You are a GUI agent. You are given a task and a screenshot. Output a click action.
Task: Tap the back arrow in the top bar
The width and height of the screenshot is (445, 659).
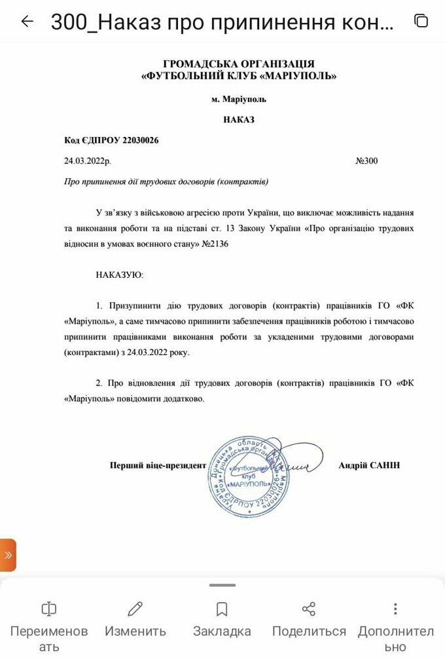(27, 22)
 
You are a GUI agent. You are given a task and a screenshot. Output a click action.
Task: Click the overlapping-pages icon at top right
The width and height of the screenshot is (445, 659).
(421, 21)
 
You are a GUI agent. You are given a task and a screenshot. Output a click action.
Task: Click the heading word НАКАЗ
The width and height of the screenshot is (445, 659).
(238, 120)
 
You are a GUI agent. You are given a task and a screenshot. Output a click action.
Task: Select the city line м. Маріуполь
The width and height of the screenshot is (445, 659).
(239, 99)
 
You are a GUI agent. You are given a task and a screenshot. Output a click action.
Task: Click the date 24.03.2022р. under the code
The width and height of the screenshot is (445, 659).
(87, 160)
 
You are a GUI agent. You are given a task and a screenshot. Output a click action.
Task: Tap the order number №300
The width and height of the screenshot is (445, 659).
(366, 160)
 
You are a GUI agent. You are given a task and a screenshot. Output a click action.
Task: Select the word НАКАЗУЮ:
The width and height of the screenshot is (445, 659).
(119, 274)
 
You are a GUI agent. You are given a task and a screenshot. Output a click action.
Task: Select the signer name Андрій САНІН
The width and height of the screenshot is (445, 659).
(369, 465)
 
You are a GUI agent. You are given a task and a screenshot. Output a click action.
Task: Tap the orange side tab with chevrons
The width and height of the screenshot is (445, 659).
(8, 555)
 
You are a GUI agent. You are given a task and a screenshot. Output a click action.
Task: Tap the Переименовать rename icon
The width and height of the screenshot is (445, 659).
(49, 609)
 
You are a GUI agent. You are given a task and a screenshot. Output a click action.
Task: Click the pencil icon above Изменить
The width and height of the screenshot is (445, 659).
(135, 609)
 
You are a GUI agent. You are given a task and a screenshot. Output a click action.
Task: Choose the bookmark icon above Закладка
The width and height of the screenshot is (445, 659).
(222, 609)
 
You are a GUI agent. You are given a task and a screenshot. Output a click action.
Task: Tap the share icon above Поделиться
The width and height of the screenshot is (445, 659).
(309, 609)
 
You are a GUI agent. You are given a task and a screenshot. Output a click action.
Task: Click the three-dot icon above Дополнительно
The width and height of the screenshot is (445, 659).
(395, 609)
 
